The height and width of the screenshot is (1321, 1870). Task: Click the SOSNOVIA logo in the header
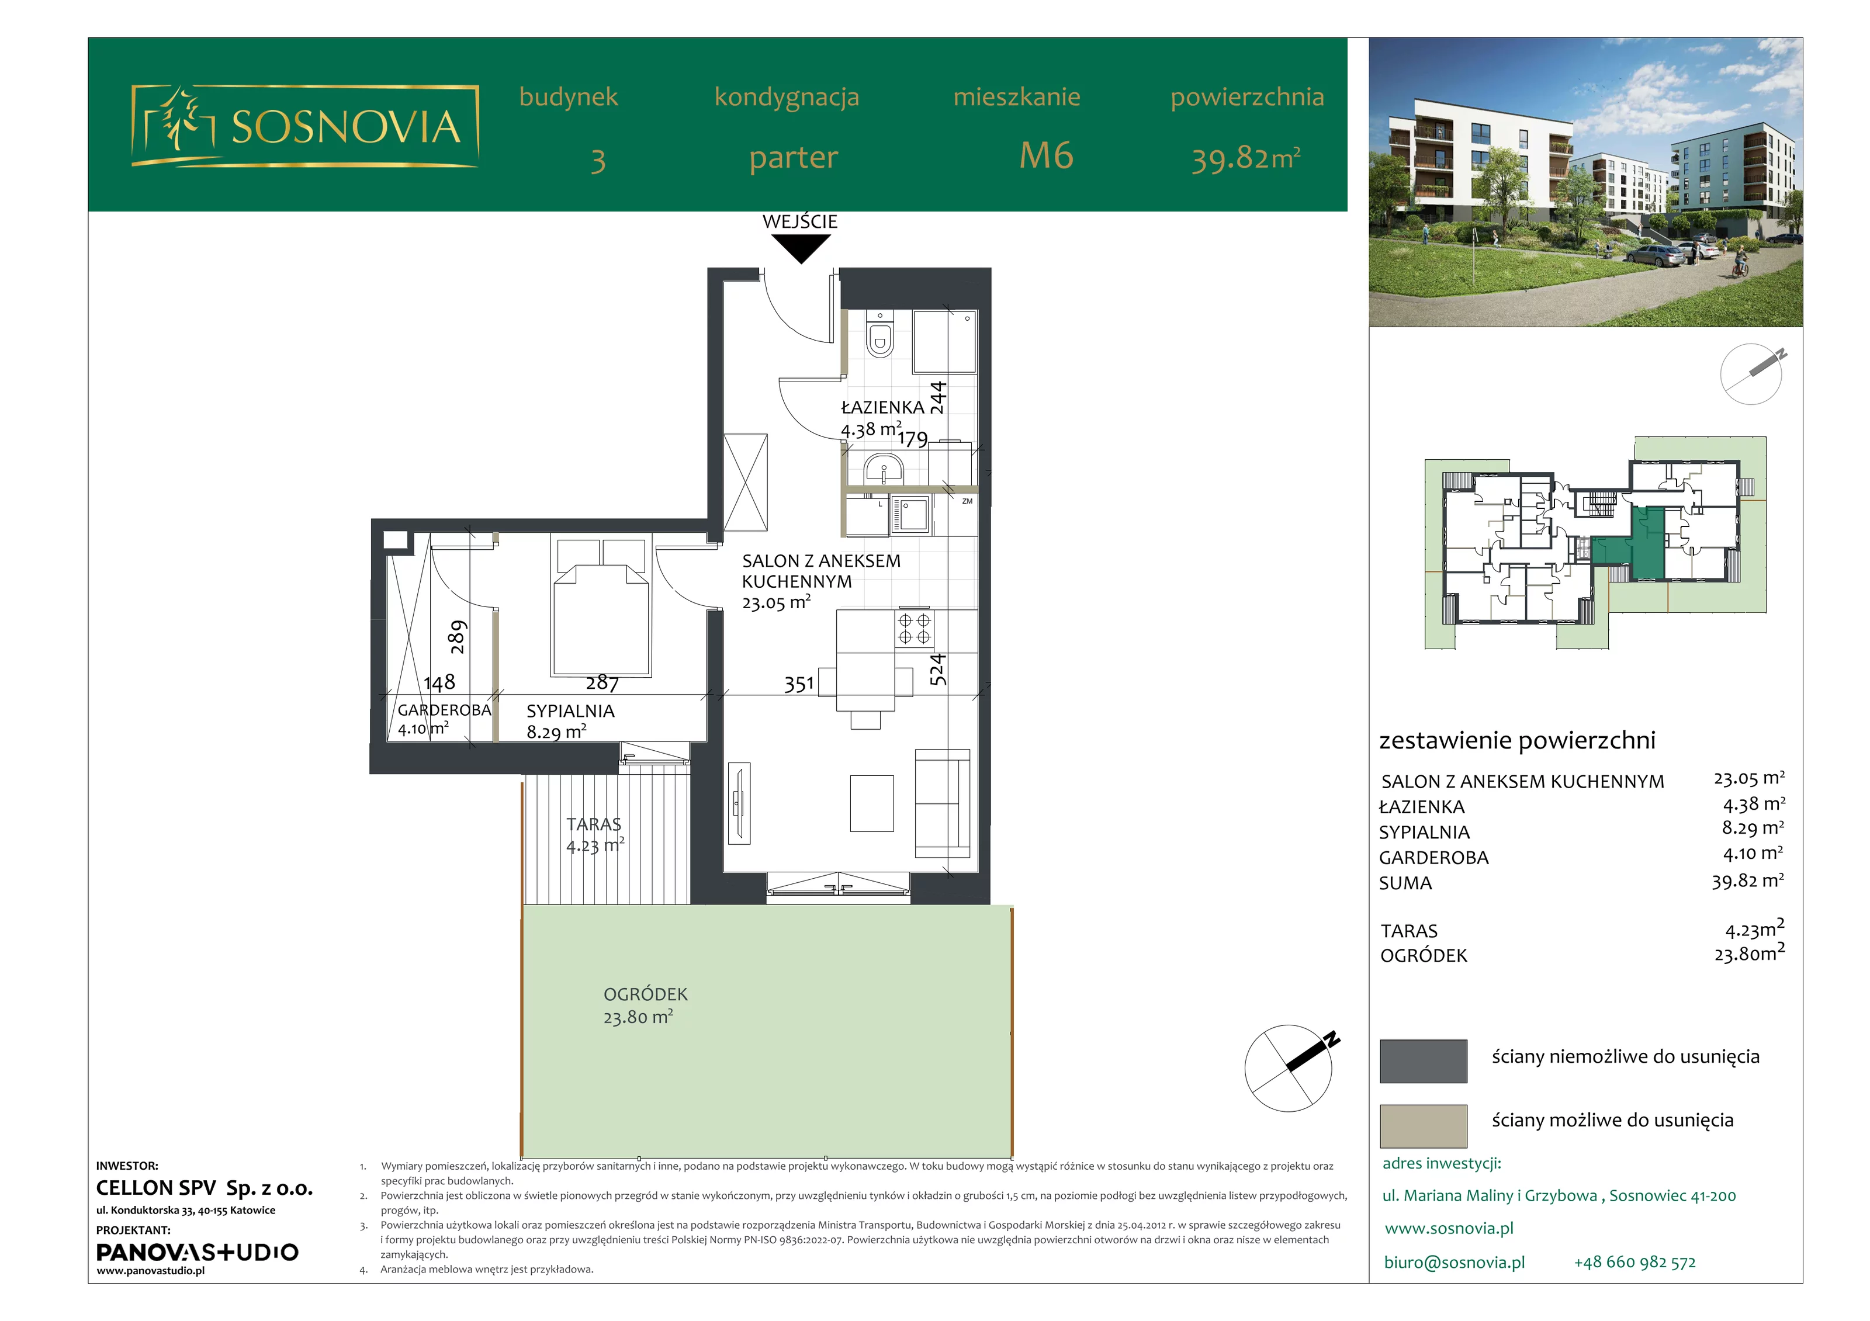(x=304, y=126)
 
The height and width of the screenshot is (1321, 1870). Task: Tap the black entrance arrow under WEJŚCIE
(x=801, y=248)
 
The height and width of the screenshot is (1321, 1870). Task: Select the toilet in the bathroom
(x=879, y=334)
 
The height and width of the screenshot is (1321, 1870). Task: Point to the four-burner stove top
(x=915, y=628)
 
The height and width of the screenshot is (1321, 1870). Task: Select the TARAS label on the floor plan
(x=594, y=824)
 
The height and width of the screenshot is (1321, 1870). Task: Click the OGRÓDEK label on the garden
(x=645, y=994)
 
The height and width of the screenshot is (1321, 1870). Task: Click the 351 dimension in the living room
(x=799, y=684)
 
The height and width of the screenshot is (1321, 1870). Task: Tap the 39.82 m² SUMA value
(x=1748, y=880)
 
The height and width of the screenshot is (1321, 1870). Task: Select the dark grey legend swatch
(x=1423, y=1061)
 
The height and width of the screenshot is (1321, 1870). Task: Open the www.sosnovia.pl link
(x=1449, y=1228)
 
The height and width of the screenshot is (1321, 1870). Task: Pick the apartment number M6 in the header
(x=1047, y=155)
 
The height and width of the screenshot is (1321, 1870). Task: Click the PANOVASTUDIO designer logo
(x=197, y=1252)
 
